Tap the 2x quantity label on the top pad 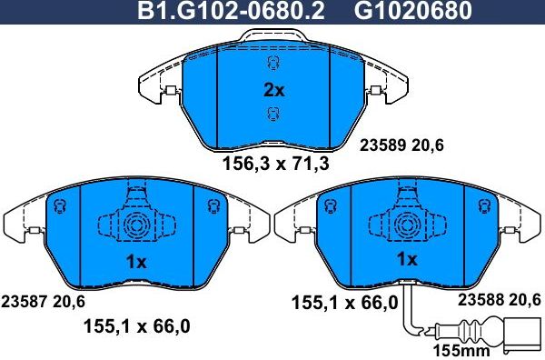273,90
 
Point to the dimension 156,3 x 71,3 275,165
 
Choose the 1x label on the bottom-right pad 405,259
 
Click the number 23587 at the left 25,301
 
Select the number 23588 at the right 481,300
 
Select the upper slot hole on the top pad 271,64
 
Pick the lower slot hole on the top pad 271,114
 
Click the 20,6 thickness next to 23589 429,144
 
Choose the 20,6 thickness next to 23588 524,300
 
